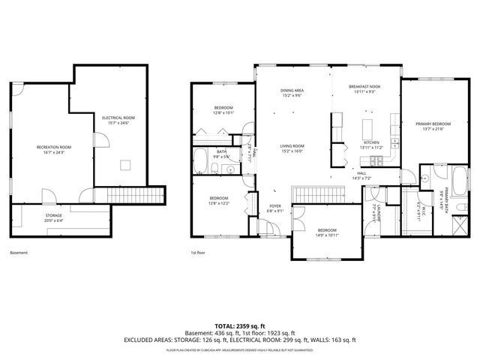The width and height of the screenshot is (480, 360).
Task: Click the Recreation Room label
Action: (54, 149)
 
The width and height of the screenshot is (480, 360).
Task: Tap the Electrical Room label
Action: (118, 120)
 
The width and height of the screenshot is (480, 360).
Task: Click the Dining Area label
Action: (291, 93)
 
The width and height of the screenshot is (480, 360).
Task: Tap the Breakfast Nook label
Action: (364, 89)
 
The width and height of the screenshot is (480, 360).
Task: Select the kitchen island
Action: (368, 126)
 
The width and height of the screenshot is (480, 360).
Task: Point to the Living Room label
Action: (292, 148)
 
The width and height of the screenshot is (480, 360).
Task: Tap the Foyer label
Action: (275, 208)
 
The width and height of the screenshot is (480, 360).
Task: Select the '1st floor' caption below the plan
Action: (198, 253)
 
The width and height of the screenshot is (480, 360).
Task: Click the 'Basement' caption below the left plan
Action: (19, 253)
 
